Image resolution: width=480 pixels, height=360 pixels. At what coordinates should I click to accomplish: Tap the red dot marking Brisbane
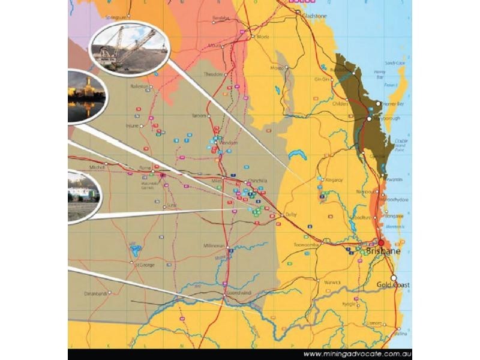click(380, 243)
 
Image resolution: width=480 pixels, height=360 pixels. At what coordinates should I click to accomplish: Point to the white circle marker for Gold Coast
click(394, 278)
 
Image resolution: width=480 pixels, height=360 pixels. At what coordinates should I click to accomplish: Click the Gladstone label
click(314, 16)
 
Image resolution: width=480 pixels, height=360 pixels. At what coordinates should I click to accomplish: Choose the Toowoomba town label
click(304, 245)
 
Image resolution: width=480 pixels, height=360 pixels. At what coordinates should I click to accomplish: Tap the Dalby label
click(292, 214)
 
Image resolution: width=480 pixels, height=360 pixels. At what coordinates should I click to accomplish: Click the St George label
click(145, 264)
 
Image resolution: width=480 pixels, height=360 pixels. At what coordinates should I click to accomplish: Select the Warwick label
click(332, 281)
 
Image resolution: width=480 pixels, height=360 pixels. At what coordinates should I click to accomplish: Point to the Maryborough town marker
click(370, 119)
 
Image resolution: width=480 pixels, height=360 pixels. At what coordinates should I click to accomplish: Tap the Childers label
click(340, 104)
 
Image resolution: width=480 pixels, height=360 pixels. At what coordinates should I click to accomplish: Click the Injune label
click(131, 126)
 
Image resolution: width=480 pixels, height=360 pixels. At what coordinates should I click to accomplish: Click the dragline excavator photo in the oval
click(128, 49)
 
